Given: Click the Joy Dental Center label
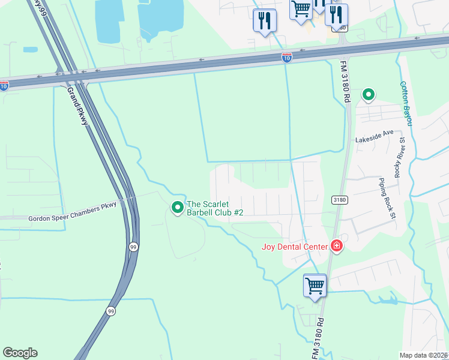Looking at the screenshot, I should [x=294, y=247].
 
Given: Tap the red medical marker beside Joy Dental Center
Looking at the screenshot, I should [x=336, y=246].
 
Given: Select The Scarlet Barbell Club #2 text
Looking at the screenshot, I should [x=215, y=208].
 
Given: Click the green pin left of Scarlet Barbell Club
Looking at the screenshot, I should [x=178, y=208].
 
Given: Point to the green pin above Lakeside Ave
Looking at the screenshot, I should [x=368, y=95].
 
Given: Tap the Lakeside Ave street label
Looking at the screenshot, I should [x=374, y=139].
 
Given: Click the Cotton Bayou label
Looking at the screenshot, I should [x=406, y=103].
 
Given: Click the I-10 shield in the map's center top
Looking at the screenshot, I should [x=287, y=58].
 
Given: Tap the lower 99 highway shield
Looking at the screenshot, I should [x=110, y=311].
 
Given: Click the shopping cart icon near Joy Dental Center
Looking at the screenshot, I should [x=315, y=286].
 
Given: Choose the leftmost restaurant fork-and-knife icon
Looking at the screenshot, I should [x=264, y=21].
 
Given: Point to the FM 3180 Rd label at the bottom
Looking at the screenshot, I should [x=319, y=339].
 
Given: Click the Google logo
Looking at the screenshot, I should [x=20, y=353].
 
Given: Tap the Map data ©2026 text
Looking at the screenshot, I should [x=424, y=355].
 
